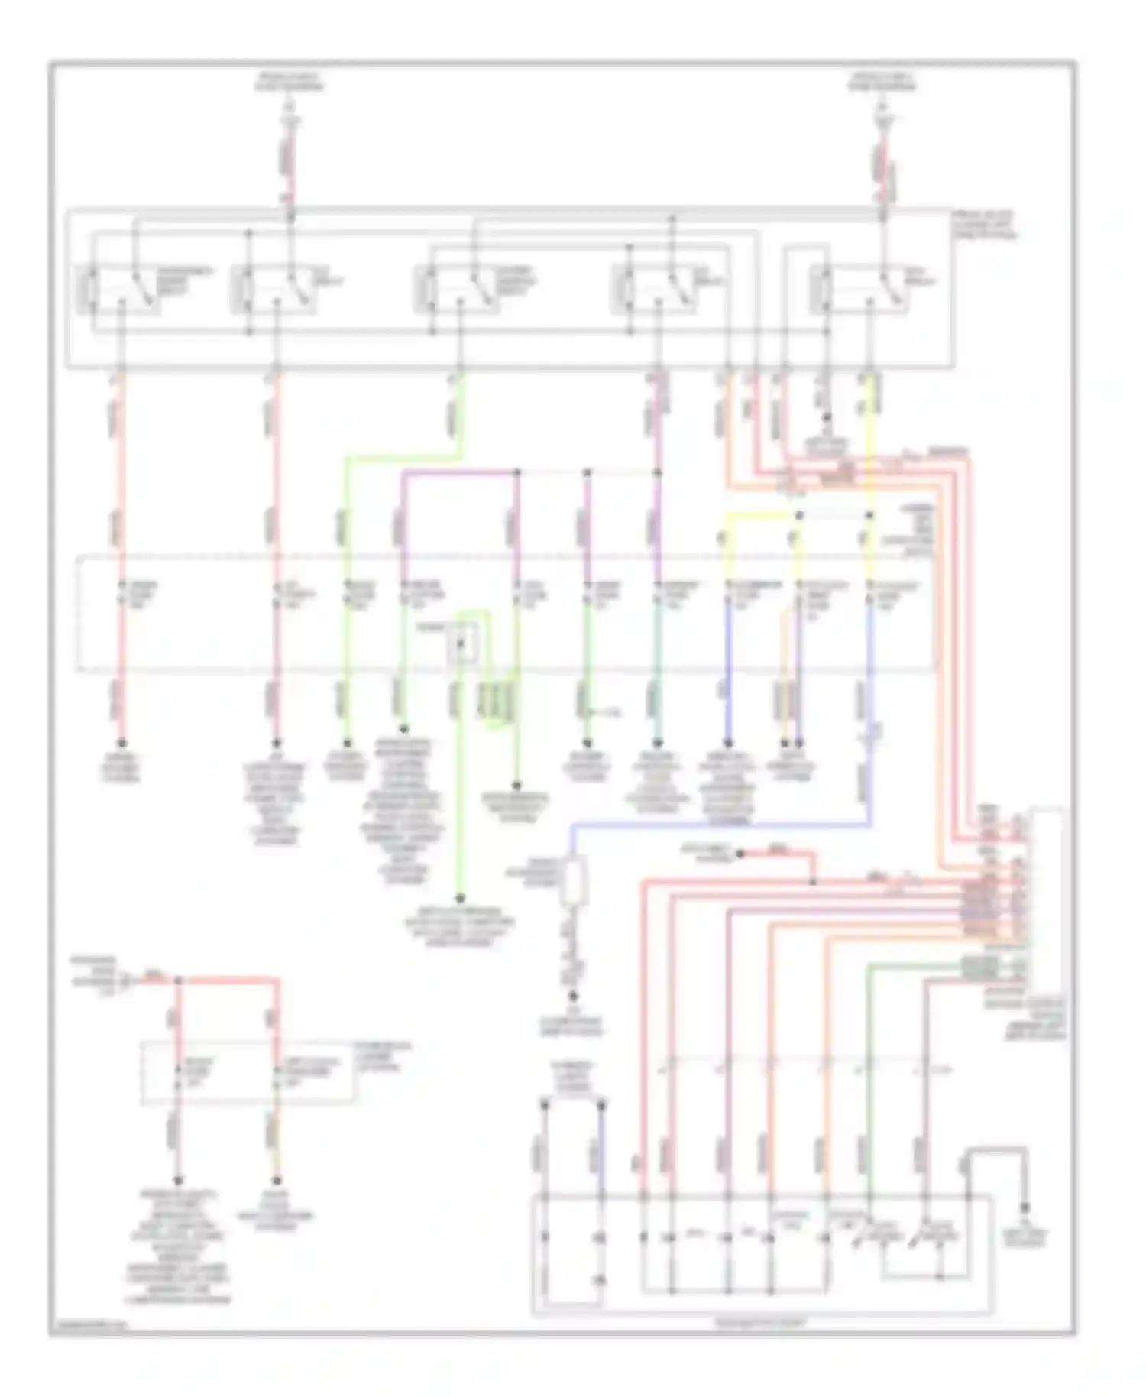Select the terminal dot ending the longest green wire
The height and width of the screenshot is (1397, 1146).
(x=460, y=899)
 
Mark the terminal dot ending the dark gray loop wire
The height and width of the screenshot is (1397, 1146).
(x=1025, y=1207)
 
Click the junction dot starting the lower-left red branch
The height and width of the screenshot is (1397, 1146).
(x=178, y=980)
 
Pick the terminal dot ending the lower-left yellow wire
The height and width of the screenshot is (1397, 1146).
(x=277, y=1181)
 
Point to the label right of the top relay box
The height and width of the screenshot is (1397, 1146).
(x=986, y=227)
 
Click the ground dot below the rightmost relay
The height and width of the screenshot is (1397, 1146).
(x=825, y=419)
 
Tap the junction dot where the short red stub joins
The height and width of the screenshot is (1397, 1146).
(x=812, y=882)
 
